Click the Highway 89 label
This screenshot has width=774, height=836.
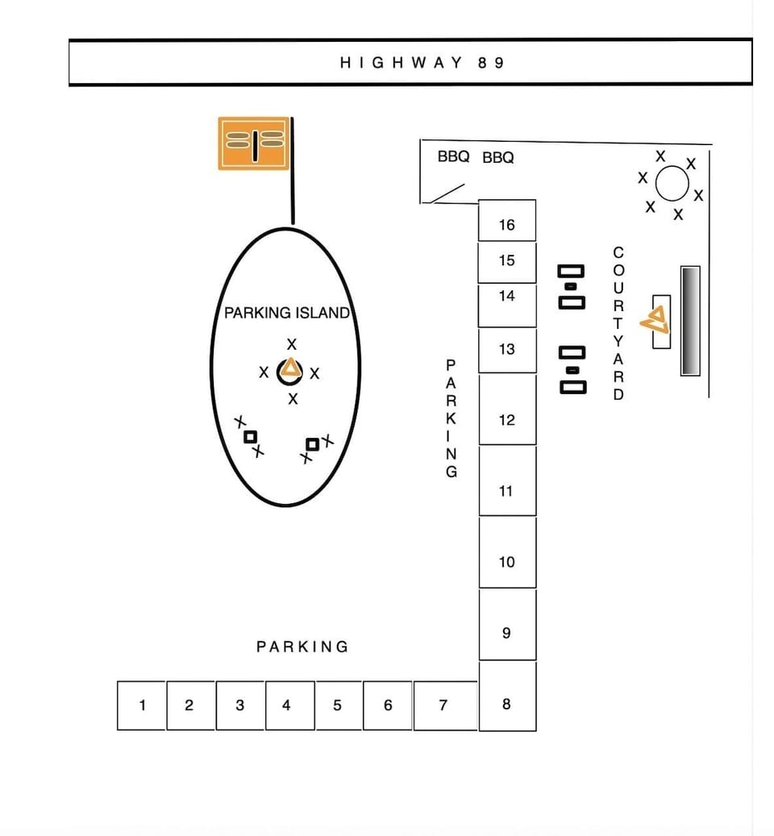pyautogui.click(x=422, y=63)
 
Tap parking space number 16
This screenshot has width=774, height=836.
pyautogui.click(x=507, y=220)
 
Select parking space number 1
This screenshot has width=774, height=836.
pyautogui.click(x=141, y=705)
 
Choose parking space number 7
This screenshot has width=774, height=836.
pyautogui.click(x=445, y=705)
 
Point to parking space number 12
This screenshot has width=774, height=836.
pyautogui.click(x=507, y=410)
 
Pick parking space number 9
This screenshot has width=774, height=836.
pyautogui.click(x=507, y=625)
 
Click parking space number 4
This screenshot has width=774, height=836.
pyautogui.click(x=290, y=705)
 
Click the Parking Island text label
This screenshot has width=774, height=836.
pyautogui.click(x=287, y=313)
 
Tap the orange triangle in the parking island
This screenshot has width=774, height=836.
pyautogui.click(x=290, y=368)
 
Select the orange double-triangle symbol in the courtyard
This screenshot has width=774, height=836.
pyautogui.click(x=655, y=320)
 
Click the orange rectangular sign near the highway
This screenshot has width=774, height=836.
pyautogui.click(x=254, y=143)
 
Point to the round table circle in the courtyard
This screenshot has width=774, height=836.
pyautogui.click(x=672, y=183)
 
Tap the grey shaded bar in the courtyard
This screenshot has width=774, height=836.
pyautogui.click(x=690, y=320)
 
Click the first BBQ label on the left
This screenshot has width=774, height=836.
pyautogui.click(x=453, y=156)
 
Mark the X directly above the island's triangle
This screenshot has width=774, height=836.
pyautogui.click(x=292, y=344)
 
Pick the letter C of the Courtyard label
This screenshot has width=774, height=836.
pyautogui.click(x=618, y=252)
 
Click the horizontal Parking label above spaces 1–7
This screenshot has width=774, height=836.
pyautogui.click(x=302, y=647)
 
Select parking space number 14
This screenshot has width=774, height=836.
pyautogui.click(x=507, y=306)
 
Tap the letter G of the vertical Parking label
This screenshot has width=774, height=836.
pyautogui.click(x=451, y=472)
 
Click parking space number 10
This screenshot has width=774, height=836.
pyautogui.click(x=507, y=552)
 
